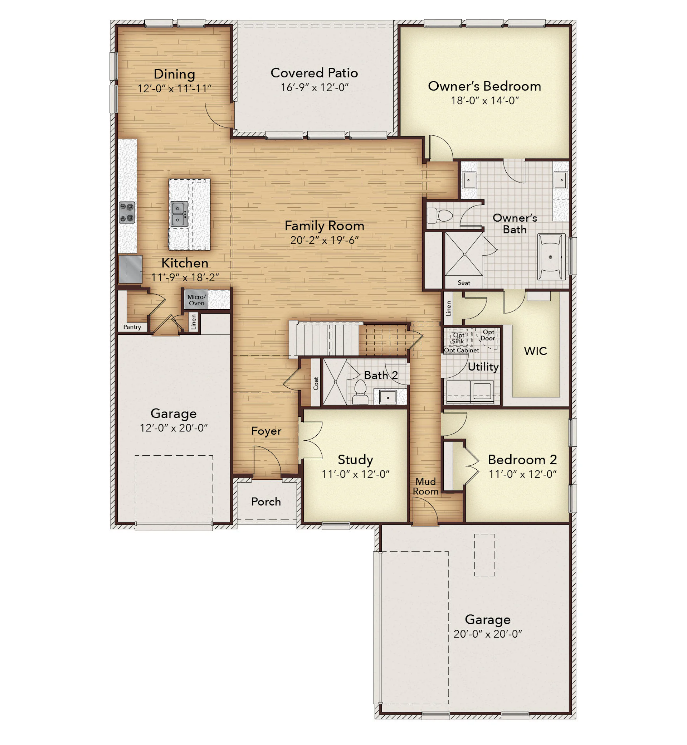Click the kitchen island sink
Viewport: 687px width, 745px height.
(x=179, y=214)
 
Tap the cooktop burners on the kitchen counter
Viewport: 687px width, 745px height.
(x=127, y=212)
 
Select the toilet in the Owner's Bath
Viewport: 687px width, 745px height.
(x=440, y=216)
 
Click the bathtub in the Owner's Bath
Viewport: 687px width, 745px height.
(x=551, y=257)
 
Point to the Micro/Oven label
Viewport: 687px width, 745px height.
(x=196, y=300)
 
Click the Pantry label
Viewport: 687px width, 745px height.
(x=132, y=327)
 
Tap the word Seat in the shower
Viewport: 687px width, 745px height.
(x=464, y=283)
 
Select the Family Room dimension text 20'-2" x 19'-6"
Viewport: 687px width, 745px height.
(x=325, y=240)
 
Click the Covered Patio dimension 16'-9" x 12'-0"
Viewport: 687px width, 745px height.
(x=315, y=87)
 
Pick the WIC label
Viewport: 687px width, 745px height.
(x=535, y=351)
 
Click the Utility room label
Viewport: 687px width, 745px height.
(x=483, y=367)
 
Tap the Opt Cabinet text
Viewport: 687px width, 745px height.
(x=462, y=350)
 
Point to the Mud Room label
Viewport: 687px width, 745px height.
(x=426, y=486)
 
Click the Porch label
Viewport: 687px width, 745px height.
(x=266, y=501)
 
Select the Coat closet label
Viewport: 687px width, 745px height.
(x=316, y=383)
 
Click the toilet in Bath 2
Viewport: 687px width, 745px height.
(x=360, y=392)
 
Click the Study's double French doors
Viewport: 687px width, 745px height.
(x=311, y=440)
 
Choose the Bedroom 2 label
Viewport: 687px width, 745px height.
(x=522, y=460)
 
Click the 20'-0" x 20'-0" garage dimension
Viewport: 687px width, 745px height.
(x=488, y=634)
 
